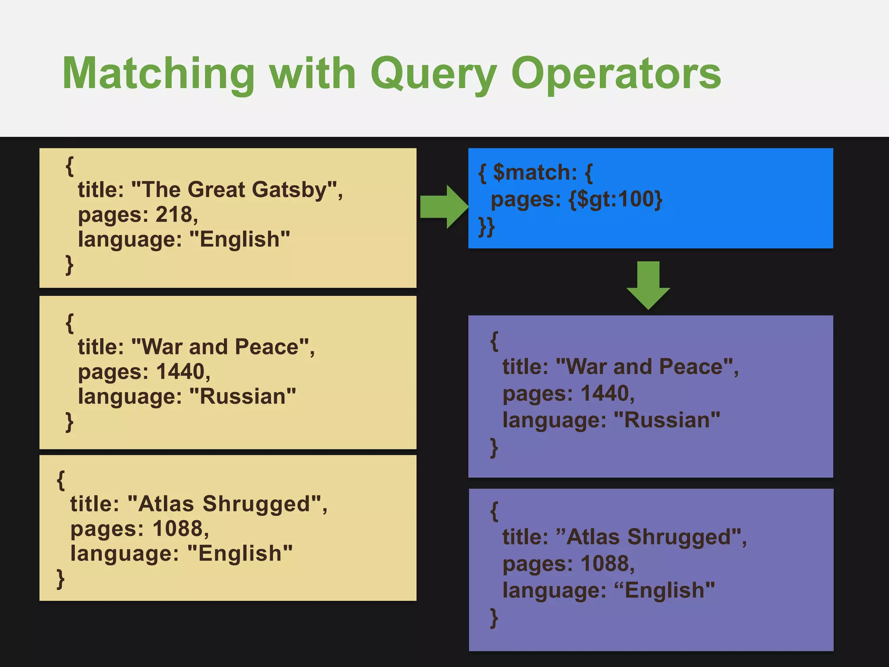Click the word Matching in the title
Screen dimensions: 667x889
[158, 74]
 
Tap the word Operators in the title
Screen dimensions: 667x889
[616, 74]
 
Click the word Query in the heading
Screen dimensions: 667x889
[433, 74]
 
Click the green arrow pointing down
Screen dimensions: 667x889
[648, 284]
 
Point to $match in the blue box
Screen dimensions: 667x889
[535, 172]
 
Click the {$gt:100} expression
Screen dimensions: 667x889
[616, 199]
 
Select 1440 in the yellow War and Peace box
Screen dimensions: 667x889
[180, 372]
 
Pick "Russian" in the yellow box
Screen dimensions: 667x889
[243, 396]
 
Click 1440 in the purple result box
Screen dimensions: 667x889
[605, 393]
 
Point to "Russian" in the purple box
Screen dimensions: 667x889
[667, 420]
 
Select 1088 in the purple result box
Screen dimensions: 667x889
[605, 564]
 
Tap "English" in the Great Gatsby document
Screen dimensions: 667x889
[240, 239]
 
